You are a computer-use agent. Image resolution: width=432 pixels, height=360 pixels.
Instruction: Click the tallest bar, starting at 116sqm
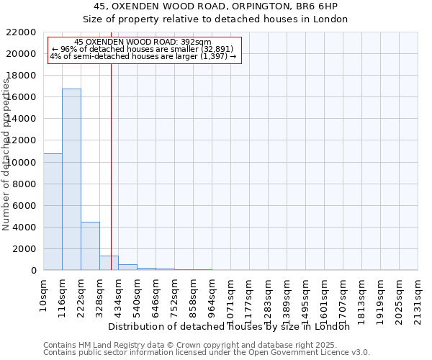coord(71,179)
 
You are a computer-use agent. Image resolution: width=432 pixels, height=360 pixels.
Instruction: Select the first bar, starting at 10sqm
coord(53,212)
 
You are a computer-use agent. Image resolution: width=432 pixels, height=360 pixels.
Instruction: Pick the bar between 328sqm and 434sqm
coord(109,263)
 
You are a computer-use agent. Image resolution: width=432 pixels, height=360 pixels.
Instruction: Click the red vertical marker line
coord(111,158)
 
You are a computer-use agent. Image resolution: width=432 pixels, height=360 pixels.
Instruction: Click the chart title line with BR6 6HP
coord(215,6)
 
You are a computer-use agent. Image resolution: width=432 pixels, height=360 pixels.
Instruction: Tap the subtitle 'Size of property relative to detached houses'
coord(215,19)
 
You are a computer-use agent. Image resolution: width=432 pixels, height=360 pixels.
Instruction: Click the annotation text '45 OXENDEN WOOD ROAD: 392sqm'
coord(143,42)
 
